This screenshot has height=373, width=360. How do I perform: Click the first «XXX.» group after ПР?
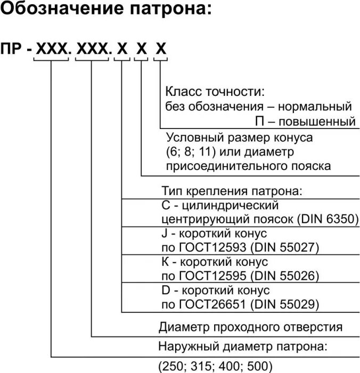click(53, 50)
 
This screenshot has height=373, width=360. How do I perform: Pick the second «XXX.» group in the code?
click(94, 50)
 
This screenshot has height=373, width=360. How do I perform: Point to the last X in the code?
click(160, 50)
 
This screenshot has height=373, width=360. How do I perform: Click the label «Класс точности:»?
click(215, 91)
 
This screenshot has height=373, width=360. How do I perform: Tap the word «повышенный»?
click(323, 121)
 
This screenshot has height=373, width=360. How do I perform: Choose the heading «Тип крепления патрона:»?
click(232, 191)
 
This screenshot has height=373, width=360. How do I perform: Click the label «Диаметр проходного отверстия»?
click(250, 327)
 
